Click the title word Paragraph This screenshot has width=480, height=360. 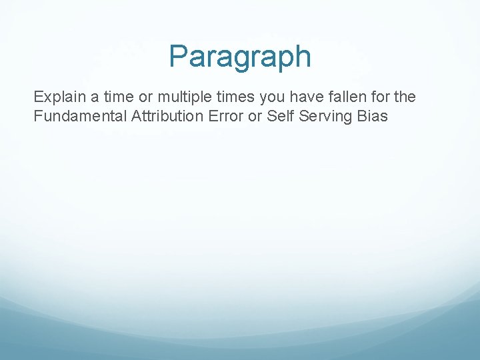[x=240, y=57]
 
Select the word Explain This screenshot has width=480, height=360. [x=57, y=97]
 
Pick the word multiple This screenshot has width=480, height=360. [x=182, y=97]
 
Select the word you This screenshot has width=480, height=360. [x=271, y=97]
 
